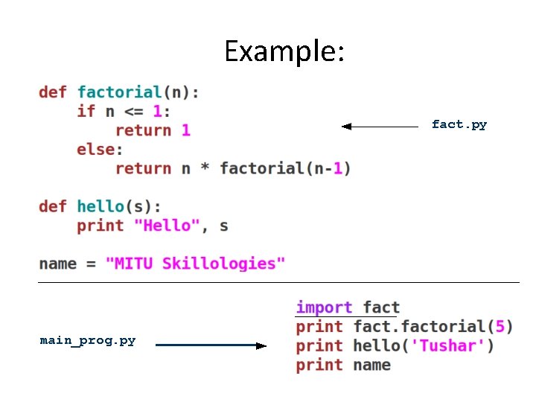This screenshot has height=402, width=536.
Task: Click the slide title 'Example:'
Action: point(284,51)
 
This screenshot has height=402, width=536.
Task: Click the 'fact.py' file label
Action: point(459,124)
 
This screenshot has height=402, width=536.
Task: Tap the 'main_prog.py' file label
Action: point(88,340)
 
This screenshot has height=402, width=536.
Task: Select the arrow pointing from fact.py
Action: point(380,127)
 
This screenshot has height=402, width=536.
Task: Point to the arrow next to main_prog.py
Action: point(211,345)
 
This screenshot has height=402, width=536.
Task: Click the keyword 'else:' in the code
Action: point(100,149)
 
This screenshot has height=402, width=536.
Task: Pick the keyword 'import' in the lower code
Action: point(324,307)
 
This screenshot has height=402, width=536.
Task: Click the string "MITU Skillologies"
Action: point(196,263)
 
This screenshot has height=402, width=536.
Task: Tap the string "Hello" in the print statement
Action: point(167,225)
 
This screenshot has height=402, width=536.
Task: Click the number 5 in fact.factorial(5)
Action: point(500,326)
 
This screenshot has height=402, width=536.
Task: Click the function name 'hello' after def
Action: point(100,206)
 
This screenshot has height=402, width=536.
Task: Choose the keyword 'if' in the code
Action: point(86,111)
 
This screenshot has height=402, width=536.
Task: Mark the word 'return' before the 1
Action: point(143,130)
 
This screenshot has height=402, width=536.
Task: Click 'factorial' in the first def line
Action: point(119,92)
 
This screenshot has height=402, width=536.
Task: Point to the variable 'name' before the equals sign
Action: point(57,263)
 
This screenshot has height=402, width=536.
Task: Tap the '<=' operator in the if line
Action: point(133,111)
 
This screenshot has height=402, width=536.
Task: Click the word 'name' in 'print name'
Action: point(372,365)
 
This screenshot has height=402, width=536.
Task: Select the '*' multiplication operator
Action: point(205,168)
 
